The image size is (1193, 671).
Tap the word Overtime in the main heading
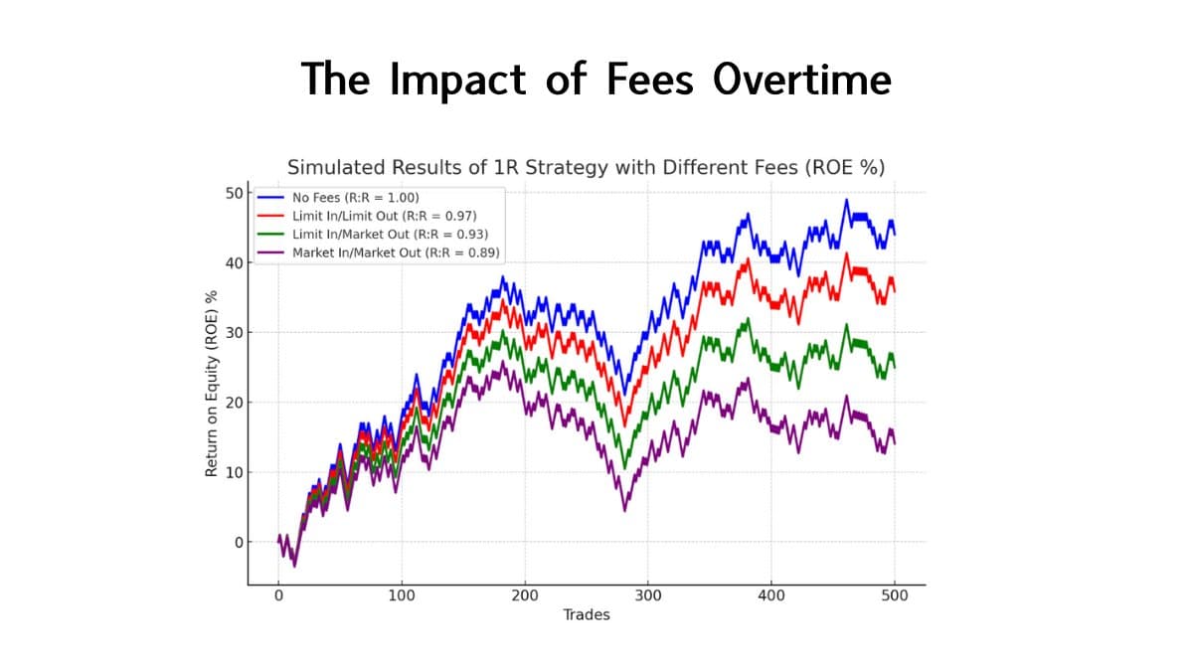tap(801, 79)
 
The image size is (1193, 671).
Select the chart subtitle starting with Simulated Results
tap(586, 167)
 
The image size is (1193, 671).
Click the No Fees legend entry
tap(355, 197)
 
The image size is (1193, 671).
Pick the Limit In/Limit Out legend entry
tap(385, 215)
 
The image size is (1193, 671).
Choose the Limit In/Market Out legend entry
tap(390, 234)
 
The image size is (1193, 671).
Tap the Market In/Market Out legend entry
tap(396, 252)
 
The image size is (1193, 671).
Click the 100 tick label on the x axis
tap(402, 595)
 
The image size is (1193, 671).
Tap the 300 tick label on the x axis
tap(648, 595)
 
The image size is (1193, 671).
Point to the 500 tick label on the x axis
tap(895, 595)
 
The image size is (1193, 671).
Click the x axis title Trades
tap(587, 614)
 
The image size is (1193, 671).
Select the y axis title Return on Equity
tap(211, 383)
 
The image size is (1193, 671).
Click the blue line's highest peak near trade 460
tap(846, 200)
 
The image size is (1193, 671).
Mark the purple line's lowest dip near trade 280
tap(624, 510)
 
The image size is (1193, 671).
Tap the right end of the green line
tap(895, 367)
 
